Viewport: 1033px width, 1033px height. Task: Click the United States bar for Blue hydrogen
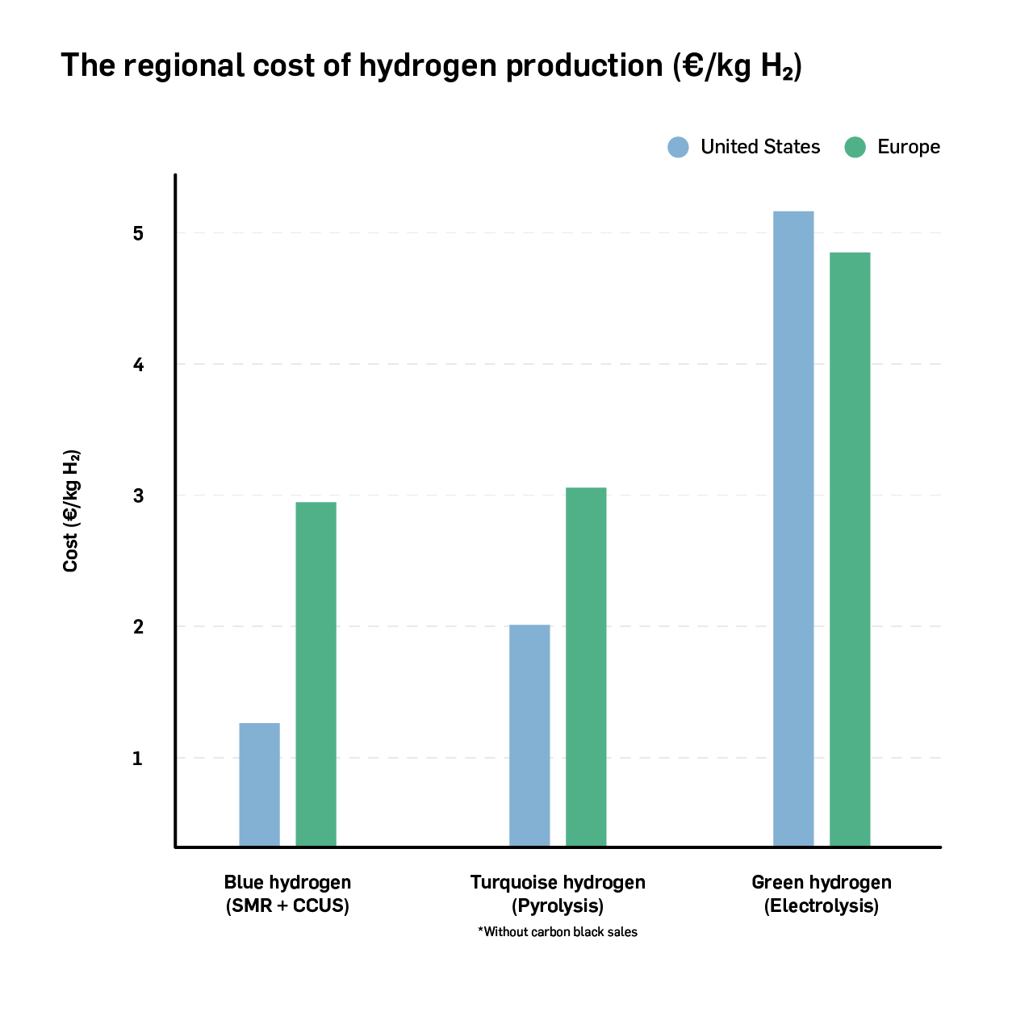tap(259, 784)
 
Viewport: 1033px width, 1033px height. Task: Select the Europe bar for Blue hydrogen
tap(316, 674)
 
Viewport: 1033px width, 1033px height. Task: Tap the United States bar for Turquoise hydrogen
tap(529, 735)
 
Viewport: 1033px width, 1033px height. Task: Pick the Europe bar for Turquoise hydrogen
tap(586, 667)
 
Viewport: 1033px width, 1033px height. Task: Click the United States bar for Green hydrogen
tap(793, 529)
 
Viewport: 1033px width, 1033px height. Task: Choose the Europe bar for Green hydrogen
tap(850, 549)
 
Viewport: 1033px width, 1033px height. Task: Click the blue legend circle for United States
tap(679, 147)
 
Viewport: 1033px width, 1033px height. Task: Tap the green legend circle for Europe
tap(855, 147)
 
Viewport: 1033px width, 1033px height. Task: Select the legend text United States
tap(760, 147)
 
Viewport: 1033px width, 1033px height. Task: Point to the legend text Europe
tap(909, 147)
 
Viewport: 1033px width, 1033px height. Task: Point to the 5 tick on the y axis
tap(138, 233)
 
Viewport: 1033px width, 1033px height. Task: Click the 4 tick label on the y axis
tap(138, 365)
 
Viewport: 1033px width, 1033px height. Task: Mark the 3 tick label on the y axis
tap(138, 496)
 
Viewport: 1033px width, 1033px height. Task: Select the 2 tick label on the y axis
tap(138, 627)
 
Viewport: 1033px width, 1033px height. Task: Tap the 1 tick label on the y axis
tap(138, 759)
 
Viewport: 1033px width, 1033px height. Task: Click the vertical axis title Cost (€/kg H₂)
tap(71, 511)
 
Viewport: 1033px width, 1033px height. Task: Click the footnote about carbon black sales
tap(558, 932)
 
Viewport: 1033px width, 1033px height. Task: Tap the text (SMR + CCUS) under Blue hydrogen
tap(287, 905)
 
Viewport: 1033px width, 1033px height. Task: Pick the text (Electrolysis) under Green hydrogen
tap(822, 905)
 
